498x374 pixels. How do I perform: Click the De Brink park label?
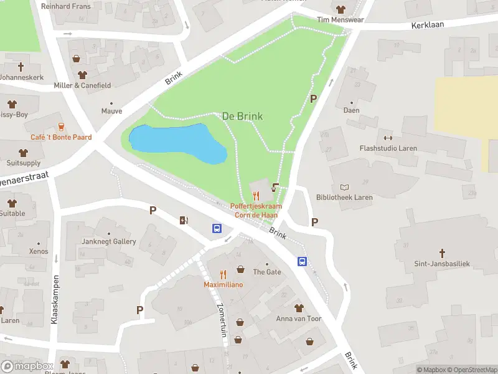pos(242,116)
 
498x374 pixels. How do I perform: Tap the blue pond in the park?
pos(176,143)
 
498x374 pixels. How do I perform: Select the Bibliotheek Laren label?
pos(344,198)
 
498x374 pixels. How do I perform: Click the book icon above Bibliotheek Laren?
pos(344,187)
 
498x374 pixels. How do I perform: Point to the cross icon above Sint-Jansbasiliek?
pos(442,253)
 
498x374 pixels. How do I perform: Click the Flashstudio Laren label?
pos(388,148)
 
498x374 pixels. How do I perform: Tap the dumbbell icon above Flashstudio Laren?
pos(388,138)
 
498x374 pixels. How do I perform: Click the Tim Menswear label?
pos(340,19)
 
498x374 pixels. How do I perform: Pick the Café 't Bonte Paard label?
pos(61,137)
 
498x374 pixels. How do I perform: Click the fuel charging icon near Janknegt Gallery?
pos(184,219)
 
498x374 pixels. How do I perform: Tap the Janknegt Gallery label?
pos(108,241)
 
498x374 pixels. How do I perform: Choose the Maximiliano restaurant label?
pos(223,284)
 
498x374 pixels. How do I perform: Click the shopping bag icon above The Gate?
pos(240,270)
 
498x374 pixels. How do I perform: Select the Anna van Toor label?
pos(299,319)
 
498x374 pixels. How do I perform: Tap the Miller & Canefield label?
pos(82,85)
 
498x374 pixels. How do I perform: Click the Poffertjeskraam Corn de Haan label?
pos(256,210)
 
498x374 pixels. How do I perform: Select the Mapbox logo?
pos(27,366)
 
